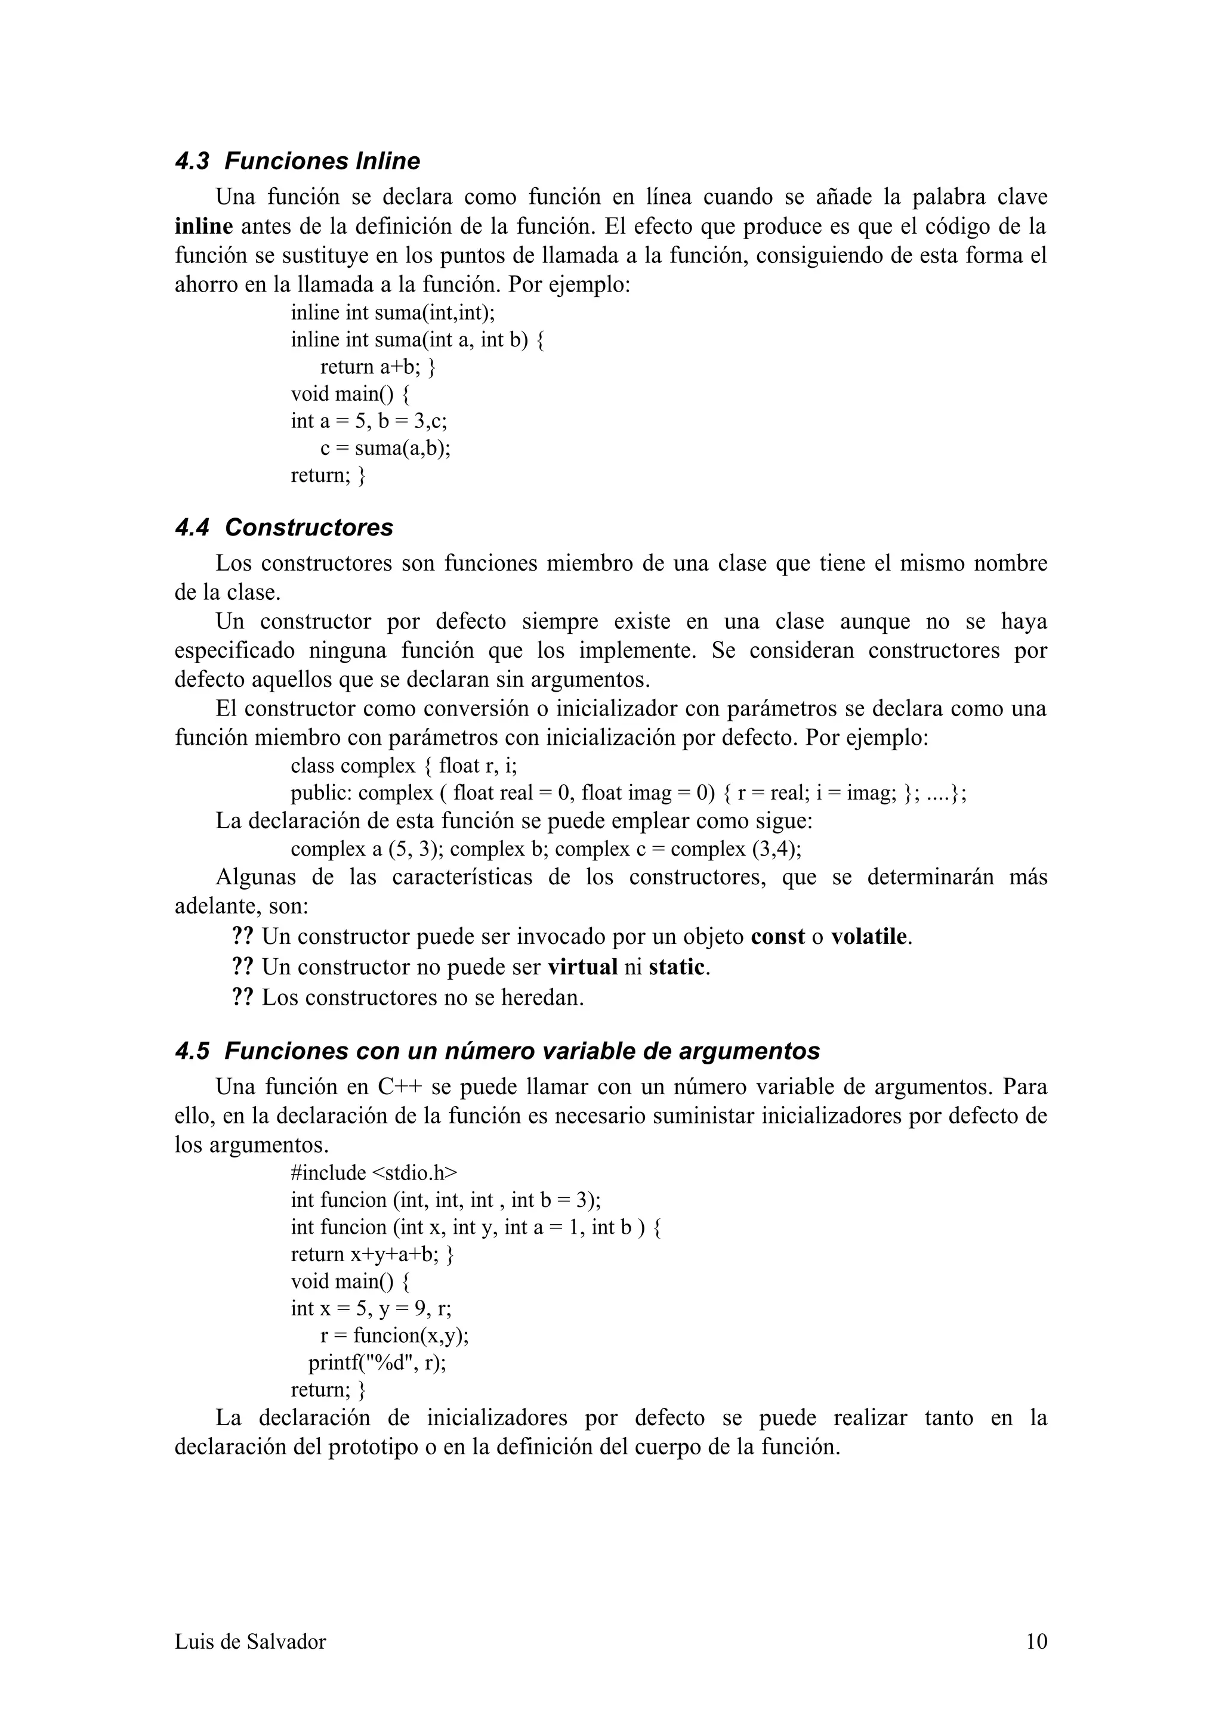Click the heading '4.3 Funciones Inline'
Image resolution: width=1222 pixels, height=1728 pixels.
[x=297, y=161]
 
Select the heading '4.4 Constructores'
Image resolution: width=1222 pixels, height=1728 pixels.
[x=284, y=528]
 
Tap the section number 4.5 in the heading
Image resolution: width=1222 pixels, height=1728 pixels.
[x=192, y=1051]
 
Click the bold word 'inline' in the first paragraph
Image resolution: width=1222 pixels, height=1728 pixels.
[x=203, y=227]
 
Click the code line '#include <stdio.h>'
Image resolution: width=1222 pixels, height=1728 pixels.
[x=374, y=1173]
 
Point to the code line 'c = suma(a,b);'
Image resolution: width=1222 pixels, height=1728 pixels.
[x=385, y=448]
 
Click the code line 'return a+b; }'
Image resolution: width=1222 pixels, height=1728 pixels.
[x=378, y=367]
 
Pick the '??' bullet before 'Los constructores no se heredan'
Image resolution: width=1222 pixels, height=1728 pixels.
[x=242, y=998]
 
